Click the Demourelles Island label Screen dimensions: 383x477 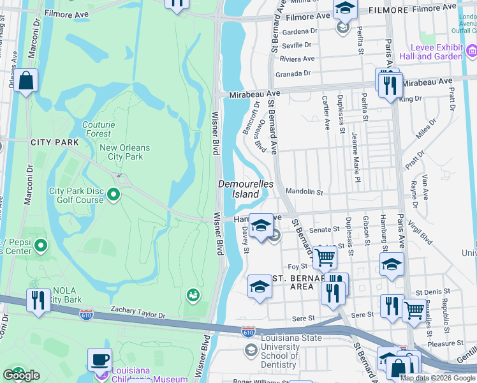coord(246,188)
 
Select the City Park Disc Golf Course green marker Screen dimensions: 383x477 coord(114,193)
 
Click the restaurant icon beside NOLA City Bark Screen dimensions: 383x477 coord(38,300)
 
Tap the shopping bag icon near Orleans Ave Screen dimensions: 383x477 coord(26,80)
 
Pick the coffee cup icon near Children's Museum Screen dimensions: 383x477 coord(99,359)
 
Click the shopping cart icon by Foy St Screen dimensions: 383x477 coord(325,257)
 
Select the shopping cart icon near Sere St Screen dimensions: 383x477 coord(414,311)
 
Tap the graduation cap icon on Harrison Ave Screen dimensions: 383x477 coord(261,225)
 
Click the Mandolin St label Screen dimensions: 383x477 coord(305,191)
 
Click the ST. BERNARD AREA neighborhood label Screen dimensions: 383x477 coord(293,283)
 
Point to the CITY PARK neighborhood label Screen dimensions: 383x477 coord(54,142)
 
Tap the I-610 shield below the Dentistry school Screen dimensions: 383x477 coord(249,332)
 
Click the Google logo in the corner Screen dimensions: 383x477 coord(22,375)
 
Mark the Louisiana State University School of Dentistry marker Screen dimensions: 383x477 coord(251,351)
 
